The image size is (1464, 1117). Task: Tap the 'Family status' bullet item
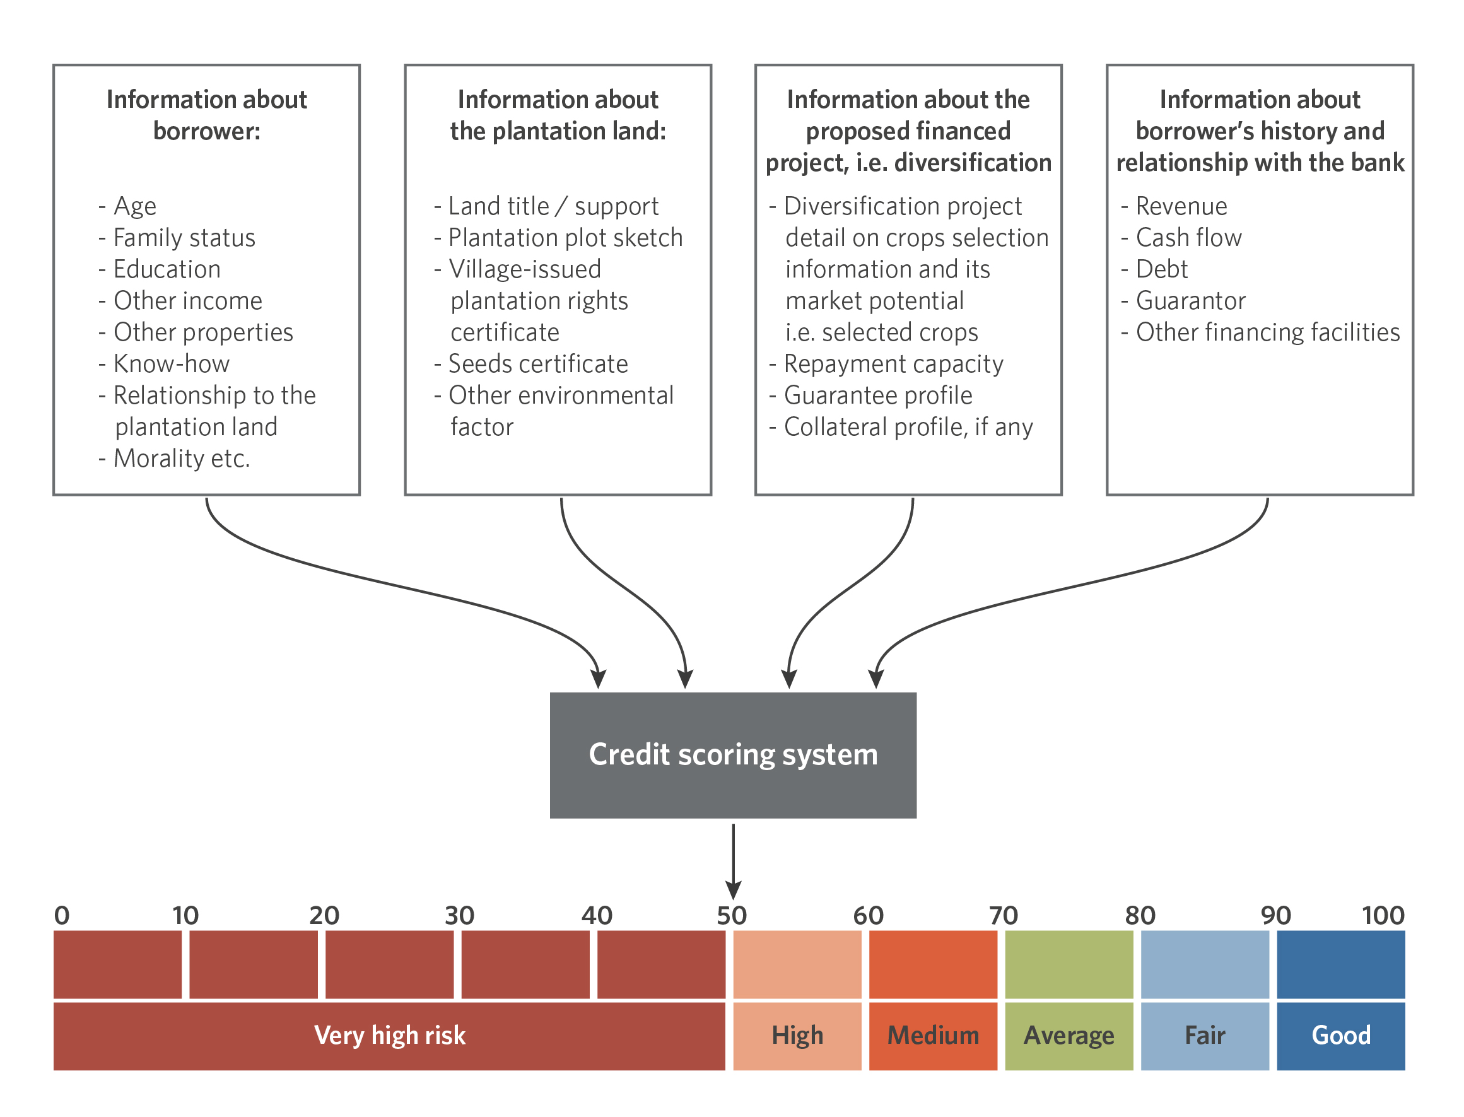click(x=177, y=237)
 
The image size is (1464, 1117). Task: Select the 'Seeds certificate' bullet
click(x=530, y=364)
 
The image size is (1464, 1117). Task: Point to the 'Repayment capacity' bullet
click(x=886, y=365)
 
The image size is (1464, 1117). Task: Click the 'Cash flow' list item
click(x=1181, y=237)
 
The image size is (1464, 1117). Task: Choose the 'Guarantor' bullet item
click(x=1183, y=300)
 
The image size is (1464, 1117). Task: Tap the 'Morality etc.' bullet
click(x=174, y=458)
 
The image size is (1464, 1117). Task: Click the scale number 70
click(x=1004, y=916)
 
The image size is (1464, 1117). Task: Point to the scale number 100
click(x=1383, y=916)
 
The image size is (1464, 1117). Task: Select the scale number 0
click(x=62, y=916)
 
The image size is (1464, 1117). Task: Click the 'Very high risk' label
click(x=390, y=1035)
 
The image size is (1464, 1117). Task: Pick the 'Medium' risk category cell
click(x=933, y=1036)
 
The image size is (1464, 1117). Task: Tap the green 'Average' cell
click(x=1069, y=1036)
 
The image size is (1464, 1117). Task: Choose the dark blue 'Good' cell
click(x=1341, y=1036)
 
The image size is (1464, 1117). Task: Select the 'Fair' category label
click(x=1205, y=1035)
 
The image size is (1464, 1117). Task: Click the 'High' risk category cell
click(x=797, y=1036)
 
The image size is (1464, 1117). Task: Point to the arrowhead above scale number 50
click(x=734, y=892)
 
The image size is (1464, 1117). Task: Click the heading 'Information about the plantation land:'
click(x=558, y=115)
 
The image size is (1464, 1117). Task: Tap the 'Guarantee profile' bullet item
click(x=871, y=395)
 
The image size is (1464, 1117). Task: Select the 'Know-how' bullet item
click(x=164, y=364)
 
